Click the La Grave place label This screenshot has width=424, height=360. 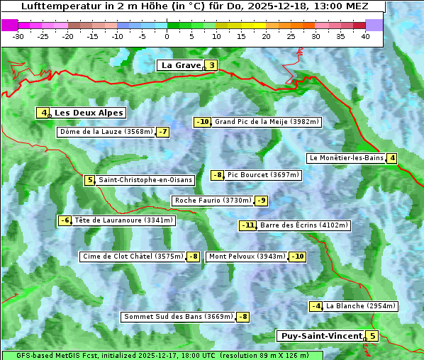coord(181,65)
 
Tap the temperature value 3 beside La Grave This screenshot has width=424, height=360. coord(211,66)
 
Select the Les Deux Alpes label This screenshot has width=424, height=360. coord(89,113)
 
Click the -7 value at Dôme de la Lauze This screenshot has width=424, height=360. coord(163,132)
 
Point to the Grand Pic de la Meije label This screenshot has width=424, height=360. coord(267,122)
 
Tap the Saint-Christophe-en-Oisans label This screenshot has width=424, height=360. coord(145,180)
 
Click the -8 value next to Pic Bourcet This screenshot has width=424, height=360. coord(218,175)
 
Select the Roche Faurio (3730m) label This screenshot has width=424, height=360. coord(213,201)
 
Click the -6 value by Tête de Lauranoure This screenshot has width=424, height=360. coord(65,220)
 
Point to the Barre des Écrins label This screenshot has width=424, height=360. coord(304,225)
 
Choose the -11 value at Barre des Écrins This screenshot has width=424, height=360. coord(247,225)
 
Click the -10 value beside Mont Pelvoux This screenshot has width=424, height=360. coord(297,257)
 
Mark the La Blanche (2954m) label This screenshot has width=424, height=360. coord(361,306)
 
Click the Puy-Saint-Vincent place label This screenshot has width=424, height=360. coord(320,336)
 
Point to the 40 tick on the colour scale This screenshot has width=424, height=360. coord(365,36)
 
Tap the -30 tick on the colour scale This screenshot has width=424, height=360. coord(18,36)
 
